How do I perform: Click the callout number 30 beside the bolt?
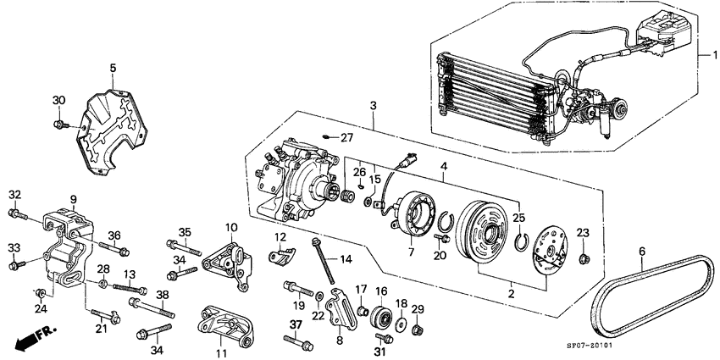(x=58, y=100)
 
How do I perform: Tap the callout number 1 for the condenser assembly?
(x=701, y=54)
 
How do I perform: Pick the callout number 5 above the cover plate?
(x=113, y=67)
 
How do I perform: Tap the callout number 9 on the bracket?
(x=74, y=200)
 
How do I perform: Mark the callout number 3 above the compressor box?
(x=374, y=106)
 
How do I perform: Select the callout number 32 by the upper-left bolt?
(x=14, y=195)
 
